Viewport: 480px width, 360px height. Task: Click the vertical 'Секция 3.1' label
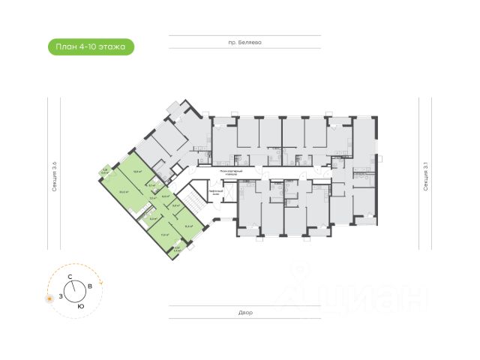425,178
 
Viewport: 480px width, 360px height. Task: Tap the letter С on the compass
70,277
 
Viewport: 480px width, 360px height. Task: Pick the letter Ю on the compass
80,306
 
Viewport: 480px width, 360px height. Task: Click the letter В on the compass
90,286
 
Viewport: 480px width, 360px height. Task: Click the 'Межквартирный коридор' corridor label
231,173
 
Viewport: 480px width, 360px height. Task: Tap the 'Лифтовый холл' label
214,191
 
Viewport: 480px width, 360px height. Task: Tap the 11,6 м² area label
163,234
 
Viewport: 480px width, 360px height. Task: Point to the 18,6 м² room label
137,171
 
